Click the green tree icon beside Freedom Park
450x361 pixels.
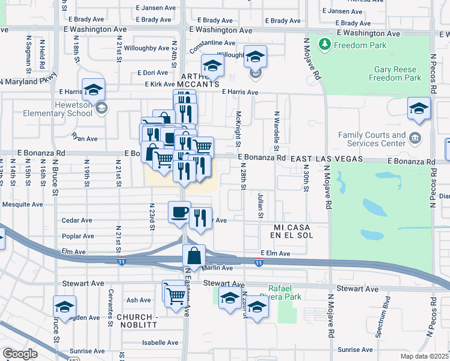325,45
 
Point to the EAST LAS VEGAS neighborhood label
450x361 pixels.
327,159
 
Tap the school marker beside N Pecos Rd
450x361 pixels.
419,108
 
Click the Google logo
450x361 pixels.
20,354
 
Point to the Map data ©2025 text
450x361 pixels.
424,357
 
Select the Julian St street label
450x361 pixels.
260,206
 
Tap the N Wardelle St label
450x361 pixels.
277,131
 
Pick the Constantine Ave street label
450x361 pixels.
212,43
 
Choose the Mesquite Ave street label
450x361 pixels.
22,205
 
